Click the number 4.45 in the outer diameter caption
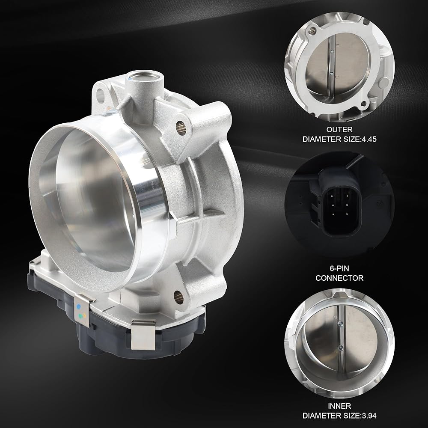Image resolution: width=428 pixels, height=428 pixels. (x=369, y=139)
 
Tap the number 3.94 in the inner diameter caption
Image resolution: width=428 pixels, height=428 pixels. (x=369, y=416)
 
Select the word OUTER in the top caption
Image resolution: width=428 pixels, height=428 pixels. (x=339, y=129)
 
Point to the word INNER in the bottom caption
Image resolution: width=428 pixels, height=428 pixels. (x=339, y=406)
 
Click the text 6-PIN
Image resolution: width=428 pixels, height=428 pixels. (x=339, y=268)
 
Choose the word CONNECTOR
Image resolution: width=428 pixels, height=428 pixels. (x=339, y=278)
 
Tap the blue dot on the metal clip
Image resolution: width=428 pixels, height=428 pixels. (x=79, y=306)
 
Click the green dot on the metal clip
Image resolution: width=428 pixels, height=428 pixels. (x=80, y=316)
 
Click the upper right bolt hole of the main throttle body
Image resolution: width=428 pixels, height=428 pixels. (x=181, y=126)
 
